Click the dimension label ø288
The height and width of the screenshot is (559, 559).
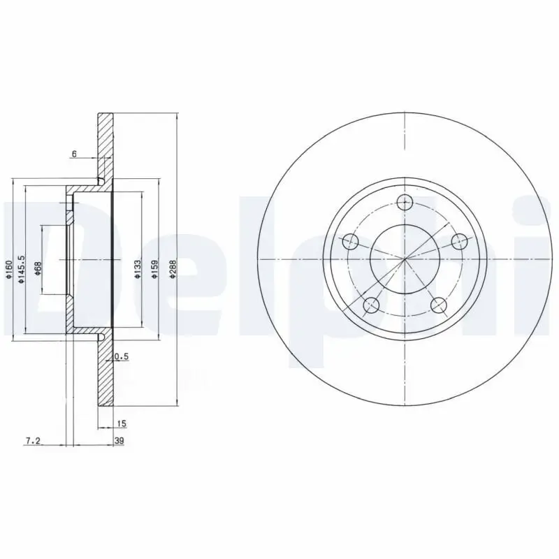[173, 271]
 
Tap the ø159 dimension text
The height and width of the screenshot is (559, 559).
[155, 270]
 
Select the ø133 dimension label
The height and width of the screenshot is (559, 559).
[138, 269]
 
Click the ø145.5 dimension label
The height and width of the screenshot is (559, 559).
[22, 268]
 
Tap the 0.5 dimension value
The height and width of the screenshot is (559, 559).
[122, 356]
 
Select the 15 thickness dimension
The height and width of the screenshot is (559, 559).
[122, 424]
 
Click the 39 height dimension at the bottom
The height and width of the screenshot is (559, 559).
[120, 441]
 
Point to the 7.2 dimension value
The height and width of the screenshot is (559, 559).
[33, 441]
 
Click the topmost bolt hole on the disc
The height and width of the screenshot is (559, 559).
[405, 203]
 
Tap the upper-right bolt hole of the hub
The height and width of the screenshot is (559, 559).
[459, 242]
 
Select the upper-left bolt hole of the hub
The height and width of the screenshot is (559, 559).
[351, 242]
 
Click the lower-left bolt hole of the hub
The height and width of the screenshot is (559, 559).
[372, 305]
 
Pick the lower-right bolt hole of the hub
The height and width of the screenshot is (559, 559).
[439, 305]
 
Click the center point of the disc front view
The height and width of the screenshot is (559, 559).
[405, 260]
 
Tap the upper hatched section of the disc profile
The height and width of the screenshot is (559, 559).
[106, 143]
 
